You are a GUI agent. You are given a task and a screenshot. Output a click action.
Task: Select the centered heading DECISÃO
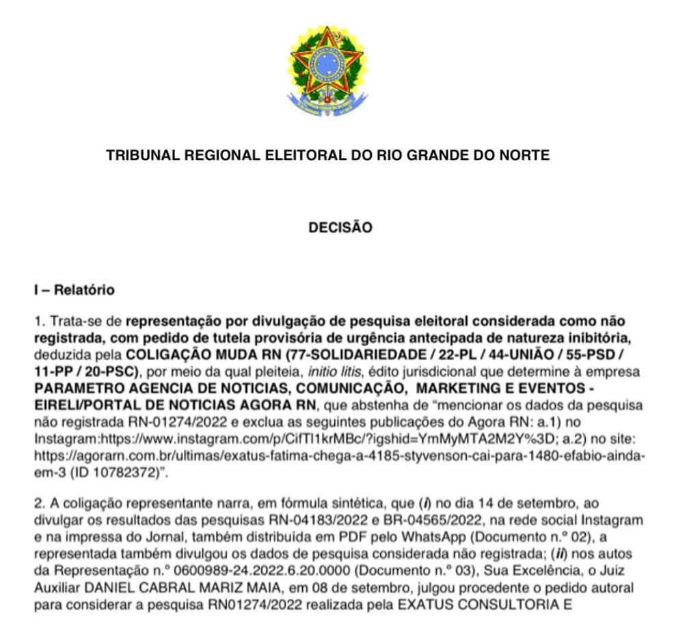(340, 228)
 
